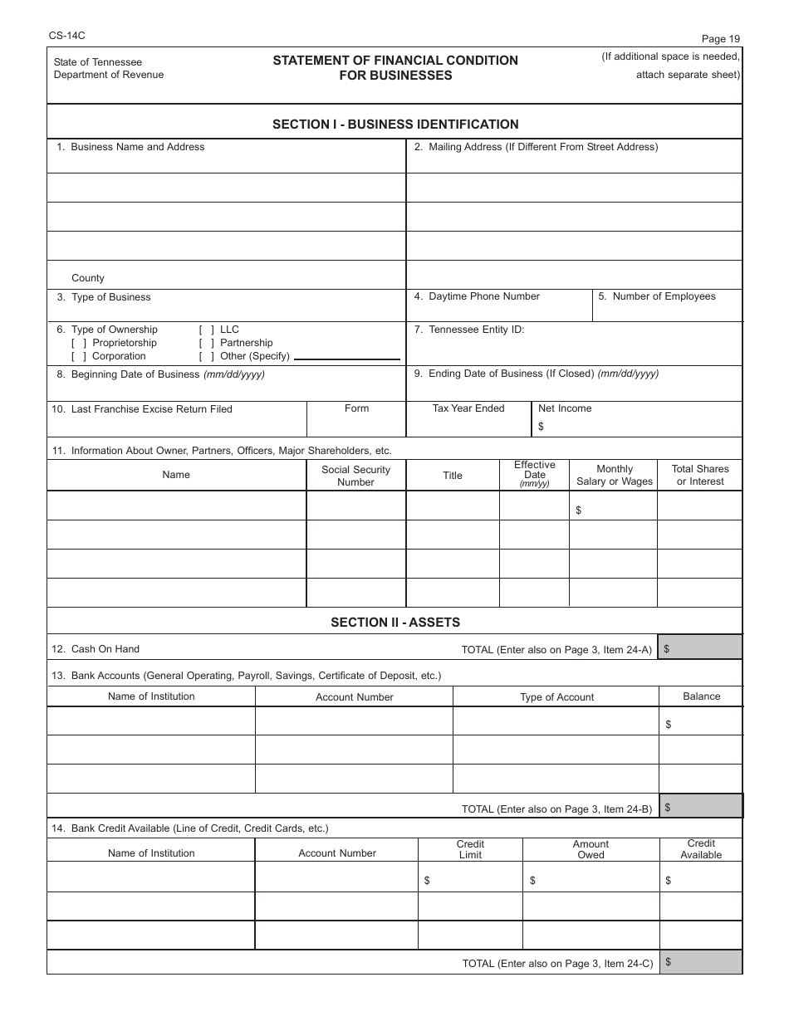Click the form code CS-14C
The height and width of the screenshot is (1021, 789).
(61, 36)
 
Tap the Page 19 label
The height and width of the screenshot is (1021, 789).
(720, 38)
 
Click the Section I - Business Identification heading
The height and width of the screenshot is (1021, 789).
(395, 125)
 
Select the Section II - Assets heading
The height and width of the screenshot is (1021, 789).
(395, 622)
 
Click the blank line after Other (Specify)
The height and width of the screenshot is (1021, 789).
(346, 358)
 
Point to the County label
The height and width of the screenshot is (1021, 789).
(88, 278)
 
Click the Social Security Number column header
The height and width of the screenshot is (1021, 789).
(355, 476)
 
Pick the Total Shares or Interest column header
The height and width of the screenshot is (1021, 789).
(700, 475)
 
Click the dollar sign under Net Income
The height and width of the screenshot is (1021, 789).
(542, 427)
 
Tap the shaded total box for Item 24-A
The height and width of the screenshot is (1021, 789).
(700, 648)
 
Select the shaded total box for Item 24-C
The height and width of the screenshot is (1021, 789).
(700, 962)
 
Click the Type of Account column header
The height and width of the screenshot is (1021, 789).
(556, 697)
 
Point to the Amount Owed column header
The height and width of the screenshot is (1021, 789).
(591, 849)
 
